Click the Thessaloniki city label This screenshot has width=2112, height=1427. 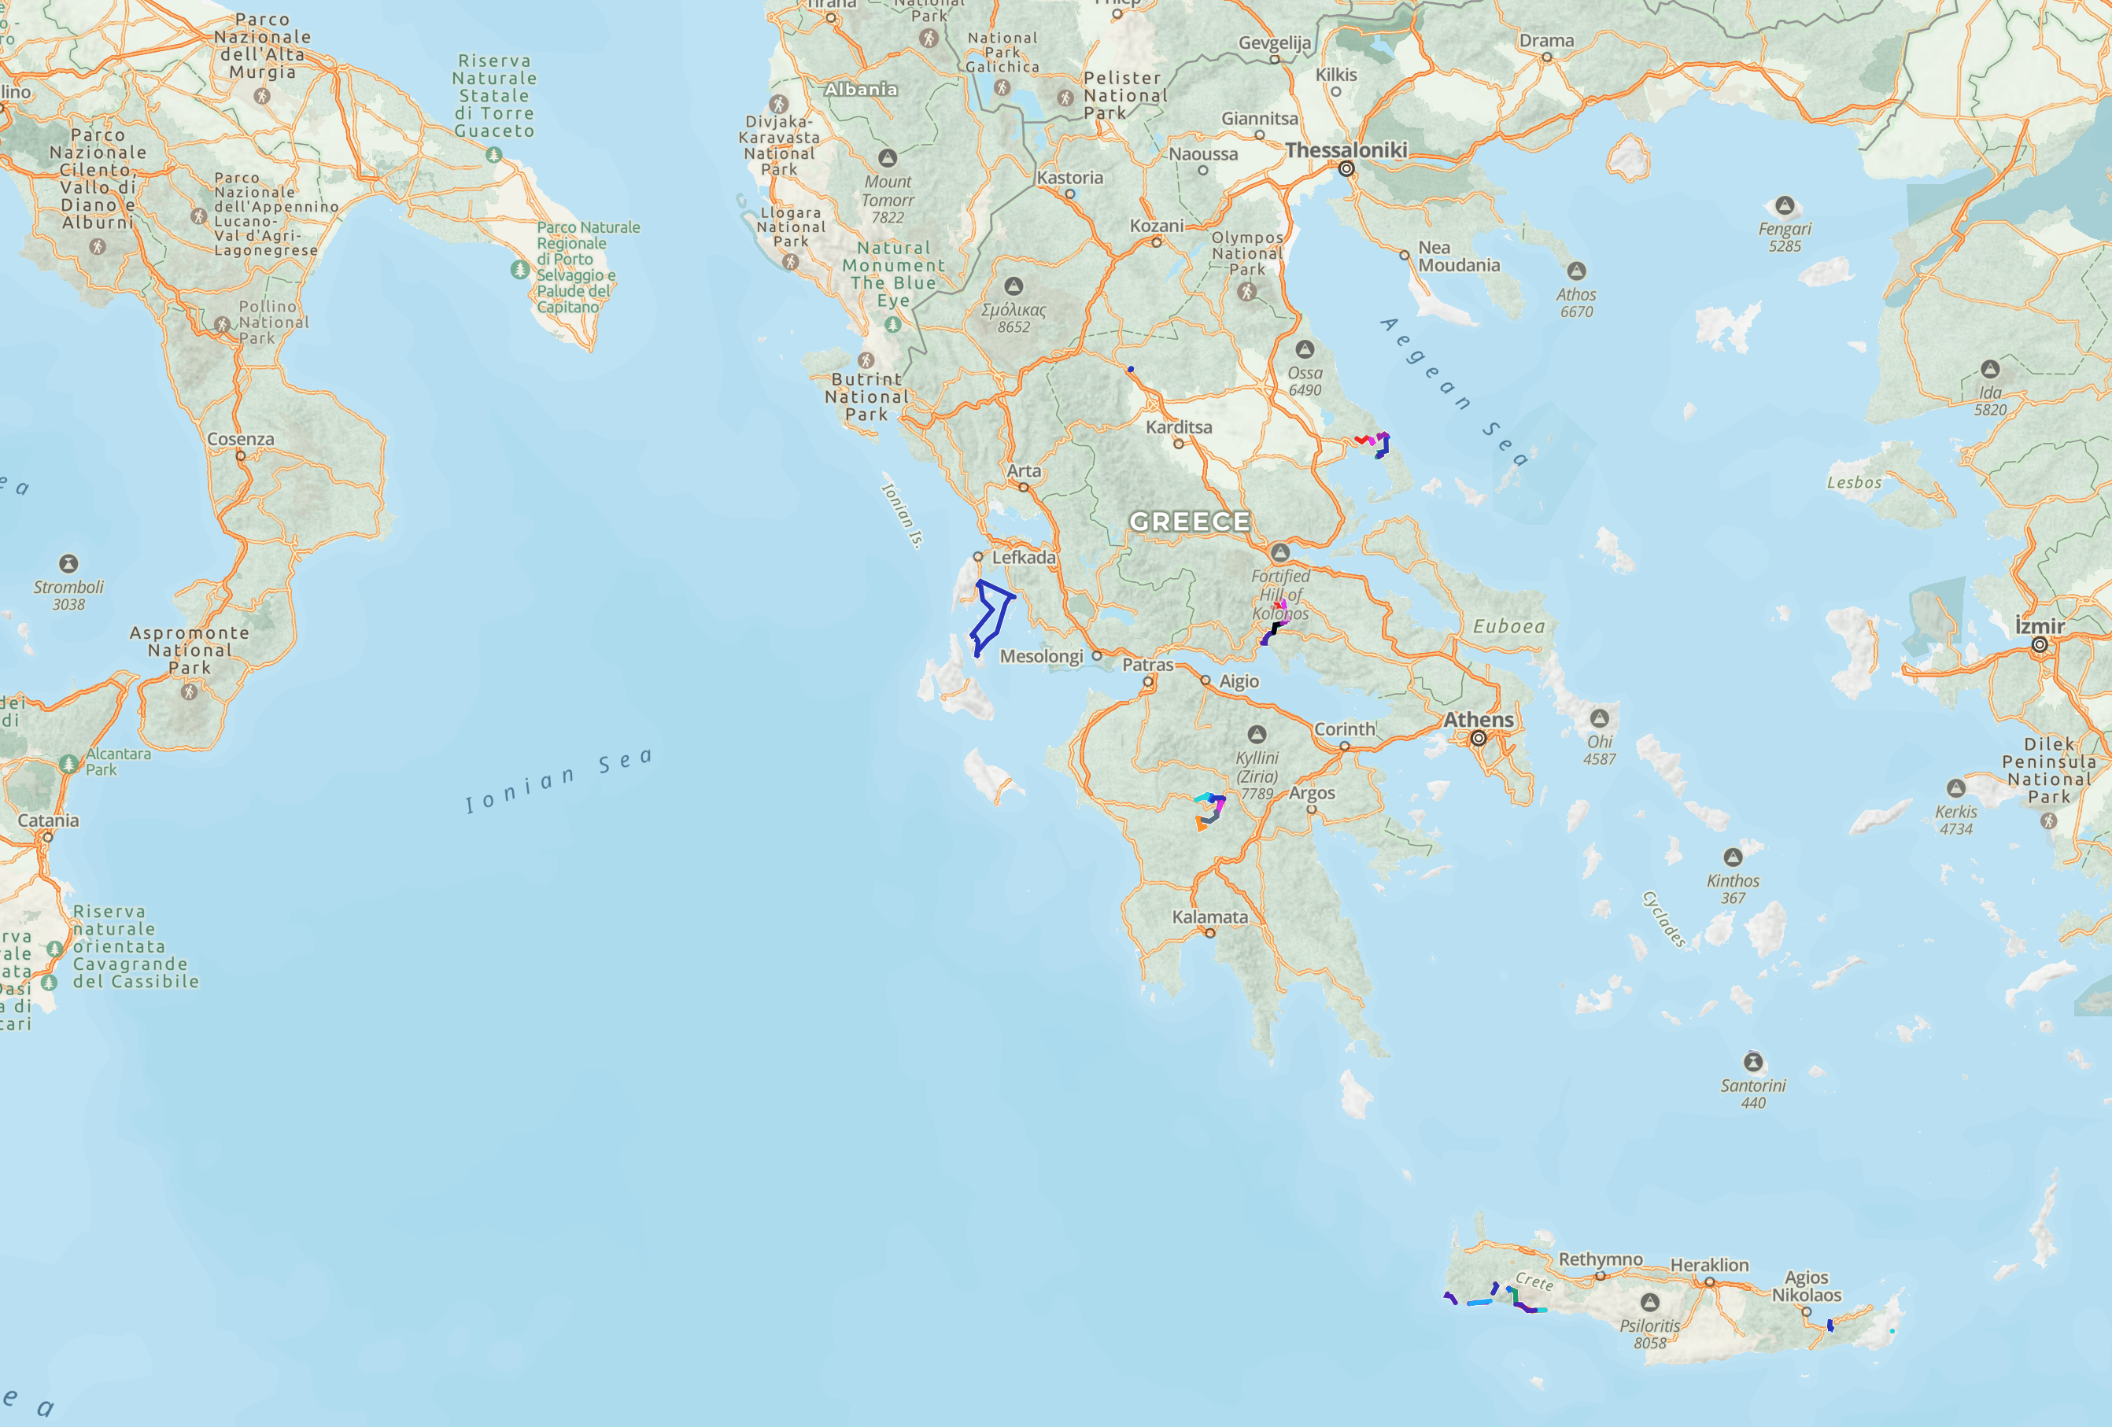click(1346, 150)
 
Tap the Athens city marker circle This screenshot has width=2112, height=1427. click(1479, 739)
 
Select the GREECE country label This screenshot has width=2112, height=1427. click(1190, 522)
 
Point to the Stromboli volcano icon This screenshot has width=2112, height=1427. click(68, 563)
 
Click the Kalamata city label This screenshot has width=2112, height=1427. click(1209, 917)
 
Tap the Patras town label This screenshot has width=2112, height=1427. click(1148, 665)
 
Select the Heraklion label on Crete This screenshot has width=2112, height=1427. click(1708, 1265)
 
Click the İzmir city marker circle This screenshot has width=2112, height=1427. click(2040, 645)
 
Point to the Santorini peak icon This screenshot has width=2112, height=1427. click(1753, 1062)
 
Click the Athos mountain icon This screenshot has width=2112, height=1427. click(1577, 271)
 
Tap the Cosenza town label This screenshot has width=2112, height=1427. click(241, 440)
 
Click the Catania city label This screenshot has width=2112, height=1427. click(48, 821)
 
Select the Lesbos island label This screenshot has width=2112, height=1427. click(1854, 482)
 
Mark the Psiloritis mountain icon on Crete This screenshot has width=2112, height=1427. click(1649, 1303)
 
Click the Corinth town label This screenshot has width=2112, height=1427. click(1344, 729)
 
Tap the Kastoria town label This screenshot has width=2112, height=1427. click(1069, 178)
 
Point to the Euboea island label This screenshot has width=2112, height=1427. click(1508, 627)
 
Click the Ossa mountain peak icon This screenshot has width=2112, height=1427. click(1305, 348)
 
